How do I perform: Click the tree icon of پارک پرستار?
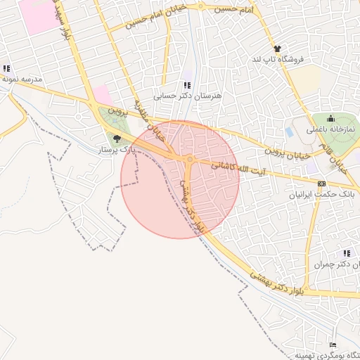[x=117, y=139]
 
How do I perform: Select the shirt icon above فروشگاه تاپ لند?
[x=278, y=49]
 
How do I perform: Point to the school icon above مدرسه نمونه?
[x=6, y=69]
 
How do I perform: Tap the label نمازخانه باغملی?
[x=330, y=130]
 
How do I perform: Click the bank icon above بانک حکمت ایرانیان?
[x=321, y=184]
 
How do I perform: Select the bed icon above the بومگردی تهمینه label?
[x=333, y=345]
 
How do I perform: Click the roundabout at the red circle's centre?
[x=190, y=160]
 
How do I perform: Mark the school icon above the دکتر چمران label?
[x=346, y=253]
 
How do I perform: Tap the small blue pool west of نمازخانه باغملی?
[x=290, y=131]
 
